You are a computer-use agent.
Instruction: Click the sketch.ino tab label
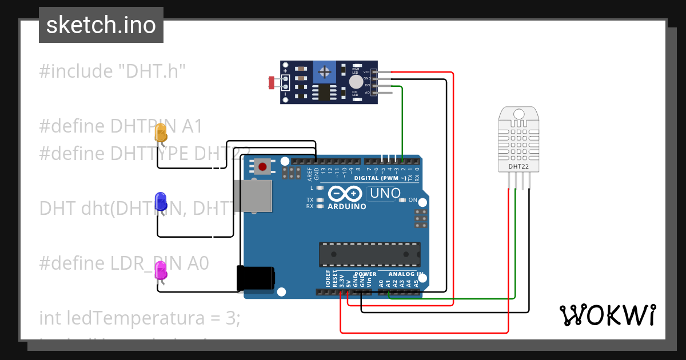click(x=101, y=25)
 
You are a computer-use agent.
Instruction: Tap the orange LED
click(x=161, y=134)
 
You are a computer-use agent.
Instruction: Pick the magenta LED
click(x=161, y=270)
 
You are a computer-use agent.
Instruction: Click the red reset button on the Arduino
click(x=262, y=167)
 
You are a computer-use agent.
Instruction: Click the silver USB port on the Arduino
click(x=252, y=196)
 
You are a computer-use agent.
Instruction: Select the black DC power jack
click(x=256, y=279)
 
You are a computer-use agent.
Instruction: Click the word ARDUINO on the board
click(x=346, y=206)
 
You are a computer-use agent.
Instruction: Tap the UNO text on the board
click(x=385, y=193)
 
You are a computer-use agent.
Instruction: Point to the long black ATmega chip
click(x=369, y=254)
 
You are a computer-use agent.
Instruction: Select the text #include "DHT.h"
click(x=113, y=71)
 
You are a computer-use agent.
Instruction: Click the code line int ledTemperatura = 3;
click(x=139, y=318)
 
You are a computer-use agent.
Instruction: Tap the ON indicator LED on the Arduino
click(x=403, y=200)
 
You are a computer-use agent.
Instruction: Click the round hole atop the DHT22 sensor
click(x=519, y=113)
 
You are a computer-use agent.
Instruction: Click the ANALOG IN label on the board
click(x=406, y=274)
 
